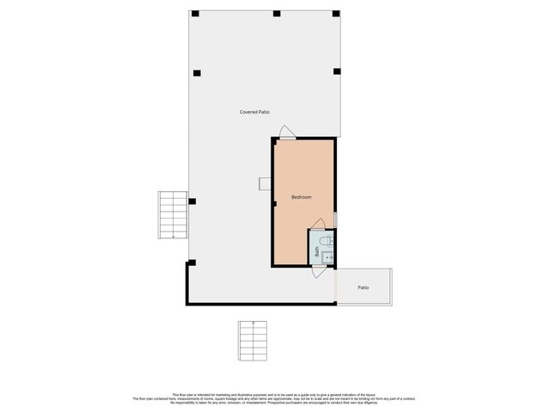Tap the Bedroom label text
(x=301, y=197)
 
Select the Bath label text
(x=316, y=253)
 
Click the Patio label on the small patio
(x=364, y=287)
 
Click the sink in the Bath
(x=328, y=257)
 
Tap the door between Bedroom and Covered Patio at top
(x=286, y=133)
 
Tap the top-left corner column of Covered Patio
(x=195, y=14)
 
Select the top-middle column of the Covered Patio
(x=277, y=14)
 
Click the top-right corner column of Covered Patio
(x=336, y=14)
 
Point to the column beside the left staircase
(x=192, y=201)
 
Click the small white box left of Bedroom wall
(x=266, y=182)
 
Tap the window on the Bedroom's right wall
(x=336, y=219)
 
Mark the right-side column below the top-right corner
(x=336, y=71)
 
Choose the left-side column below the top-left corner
(x=197, y=72)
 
